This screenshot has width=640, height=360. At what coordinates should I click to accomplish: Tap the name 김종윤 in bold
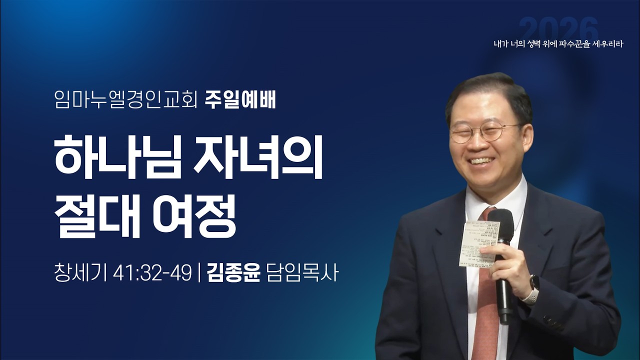(x=233, y=274)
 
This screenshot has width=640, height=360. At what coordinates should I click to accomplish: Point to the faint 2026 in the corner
(x=558, y=28)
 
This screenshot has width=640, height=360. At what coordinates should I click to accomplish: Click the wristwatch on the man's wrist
(x=532, y=287)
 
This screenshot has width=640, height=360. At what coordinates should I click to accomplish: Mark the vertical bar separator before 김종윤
(x=199, y=274)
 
